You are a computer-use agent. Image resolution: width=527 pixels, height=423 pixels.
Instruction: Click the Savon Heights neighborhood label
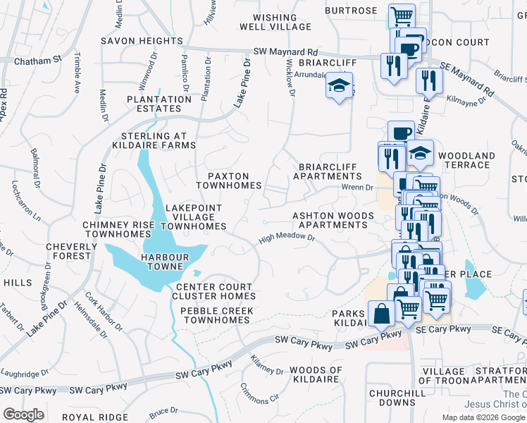pos(142,41)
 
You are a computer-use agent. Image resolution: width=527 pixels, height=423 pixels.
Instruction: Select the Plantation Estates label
pos(159,104)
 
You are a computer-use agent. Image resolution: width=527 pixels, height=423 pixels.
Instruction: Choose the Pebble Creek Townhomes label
pos(214,315)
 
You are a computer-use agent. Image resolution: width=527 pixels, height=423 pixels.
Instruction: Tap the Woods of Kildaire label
pos(316,375)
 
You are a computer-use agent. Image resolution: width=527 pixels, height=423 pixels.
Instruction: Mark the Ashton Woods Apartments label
pos(330,220)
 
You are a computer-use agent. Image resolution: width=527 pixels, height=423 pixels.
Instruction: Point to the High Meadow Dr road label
pos(286,239)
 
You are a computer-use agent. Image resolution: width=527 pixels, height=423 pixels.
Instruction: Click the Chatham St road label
pos(32,62)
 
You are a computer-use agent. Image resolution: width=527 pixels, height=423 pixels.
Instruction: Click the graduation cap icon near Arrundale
pos(339,87)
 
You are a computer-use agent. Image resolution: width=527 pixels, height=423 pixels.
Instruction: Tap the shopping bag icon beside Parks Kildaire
pos(381,313)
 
